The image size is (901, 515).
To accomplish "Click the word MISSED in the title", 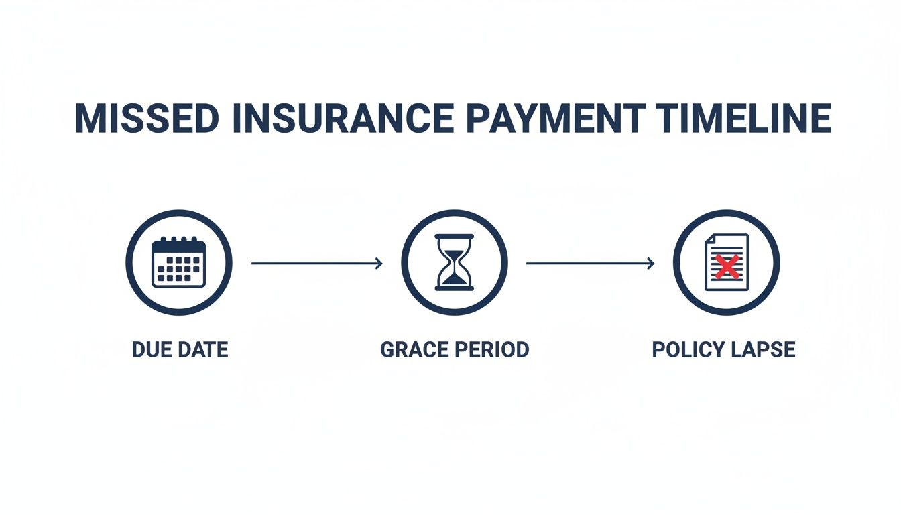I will (145, 119).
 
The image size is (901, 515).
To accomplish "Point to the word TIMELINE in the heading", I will (743, 119).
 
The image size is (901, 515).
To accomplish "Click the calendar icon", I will (178, 262).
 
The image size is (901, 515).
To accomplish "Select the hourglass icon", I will (455, 262).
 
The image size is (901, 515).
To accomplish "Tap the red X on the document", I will (727, 267).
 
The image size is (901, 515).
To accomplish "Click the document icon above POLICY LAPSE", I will (727, 262).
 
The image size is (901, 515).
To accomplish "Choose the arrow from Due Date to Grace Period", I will (316, 264).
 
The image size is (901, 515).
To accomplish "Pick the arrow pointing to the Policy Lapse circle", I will (590, 264).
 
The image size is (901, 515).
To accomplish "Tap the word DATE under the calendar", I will (202, 350).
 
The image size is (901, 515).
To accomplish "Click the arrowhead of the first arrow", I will (379, 264).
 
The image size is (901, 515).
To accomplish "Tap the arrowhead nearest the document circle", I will (651, 264).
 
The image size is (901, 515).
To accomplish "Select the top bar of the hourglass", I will (455, 236).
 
